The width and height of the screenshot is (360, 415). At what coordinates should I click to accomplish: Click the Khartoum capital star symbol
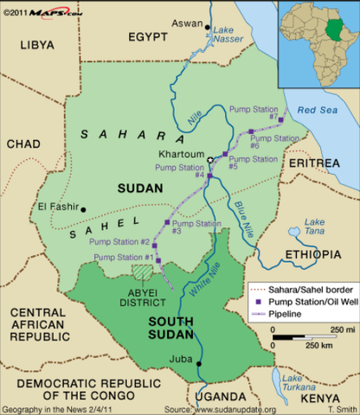click(x=209, y=160)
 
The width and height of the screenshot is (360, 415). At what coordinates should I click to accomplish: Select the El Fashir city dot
click(x=84, y=208)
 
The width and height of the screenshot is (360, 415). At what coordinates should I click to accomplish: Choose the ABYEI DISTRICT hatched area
click(x=141, y=271)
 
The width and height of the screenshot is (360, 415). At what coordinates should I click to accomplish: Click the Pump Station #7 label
click(x=254, y=112)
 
